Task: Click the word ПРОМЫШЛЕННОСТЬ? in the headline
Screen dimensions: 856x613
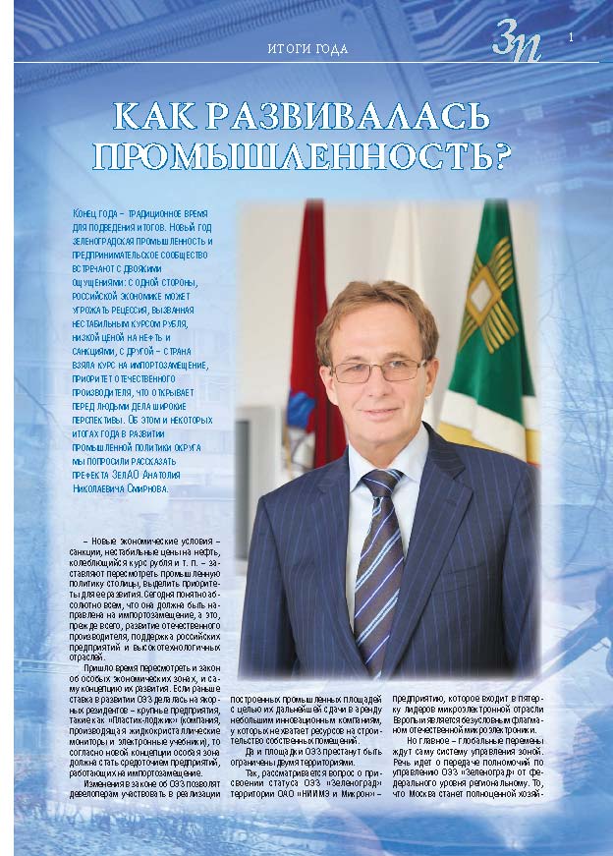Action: coord(306,155)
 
